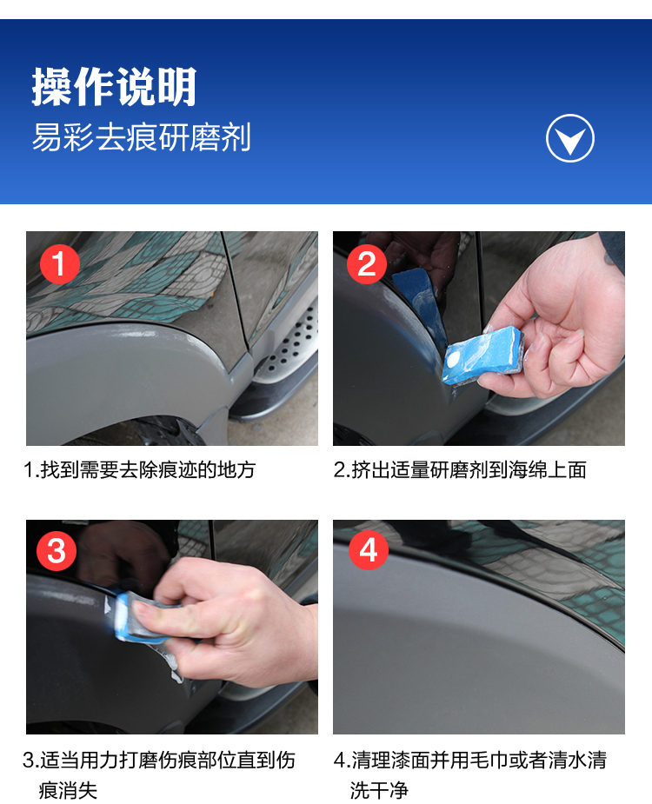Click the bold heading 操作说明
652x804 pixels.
point(115,87)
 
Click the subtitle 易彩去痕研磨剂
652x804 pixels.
point(142,137)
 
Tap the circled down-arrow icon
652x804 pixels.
point(570,138)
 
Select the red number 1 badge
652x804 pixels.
point(60,264)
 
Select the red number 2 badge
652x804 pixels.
point(367,264)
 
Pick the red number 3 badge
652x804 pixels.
point(57,551)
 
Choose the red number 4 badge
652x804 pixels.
point(369,550)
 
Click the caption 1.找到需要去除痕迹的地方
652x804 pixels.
point(140,469)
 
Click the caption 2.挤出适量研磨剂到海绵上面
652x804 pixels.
point(460,469)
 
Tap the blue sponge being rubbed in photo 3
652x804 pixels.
point(136,618)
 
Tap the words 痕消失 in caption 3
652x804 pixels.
point(68,790)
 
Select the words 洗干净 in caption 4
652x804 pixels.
point(379,790)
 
